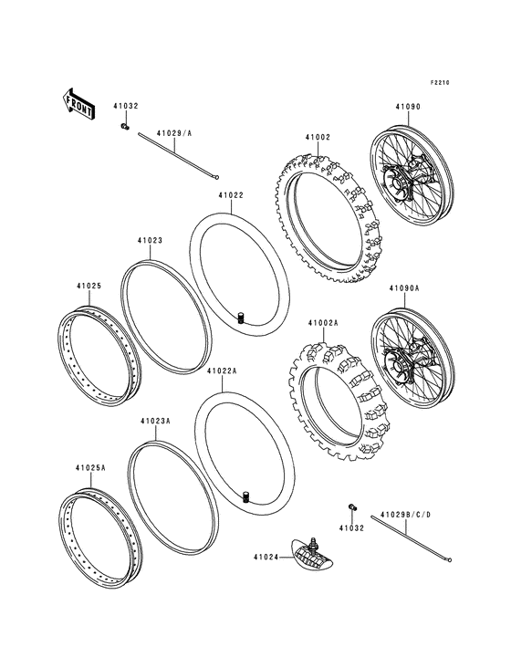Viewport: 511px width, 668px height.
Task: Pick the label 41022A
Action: [x=222, y=371]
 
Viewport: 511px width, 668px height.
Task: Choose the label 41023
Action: [x=150, y=241]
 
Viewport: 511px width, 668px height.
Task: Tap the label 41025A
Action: [x=90, y=467]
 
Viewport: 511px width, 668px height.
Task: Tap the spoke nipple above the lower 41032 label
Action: [x=350, y=506]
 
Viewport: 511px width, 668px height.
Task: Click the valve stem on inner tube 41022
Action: [x=243, y=317]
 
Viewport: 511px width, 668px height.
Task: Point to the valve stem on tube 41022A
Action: [x=245, y=496]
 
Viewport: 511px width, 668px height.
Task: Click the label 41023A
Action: [x=155, y=422]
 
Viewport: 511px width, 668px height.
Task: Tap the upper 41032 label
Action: [x=126, y=106]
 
